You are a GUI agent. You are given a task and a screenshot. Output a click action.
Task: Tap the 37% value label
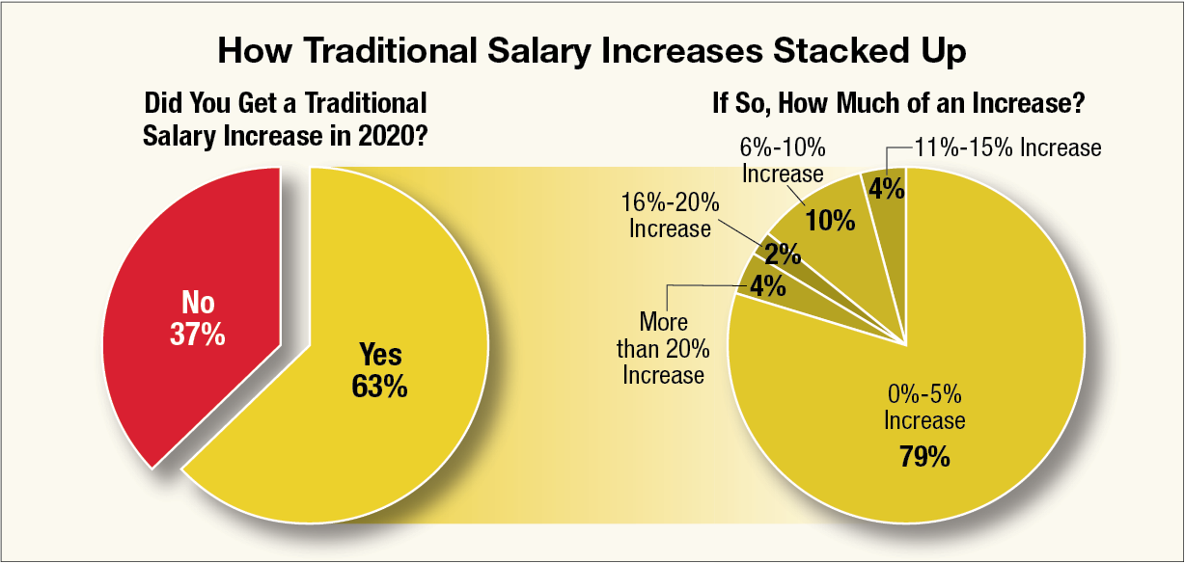pos(199,335)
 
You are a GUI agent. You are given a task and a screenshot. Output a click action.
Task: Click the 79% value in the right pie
pos(923,456)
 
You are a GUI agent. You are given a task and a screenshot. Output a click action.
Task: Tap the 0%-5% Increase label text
pos(924,409)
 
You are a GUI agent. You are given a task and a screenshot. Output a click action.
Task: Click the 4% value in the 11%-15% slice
pos(886,189)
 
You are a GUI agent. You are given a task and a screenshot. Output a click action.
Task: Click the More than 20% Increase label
pos(663,348)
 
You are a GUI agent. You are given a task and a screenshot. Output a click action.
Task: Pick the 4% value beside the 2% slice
pos(766,286)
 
